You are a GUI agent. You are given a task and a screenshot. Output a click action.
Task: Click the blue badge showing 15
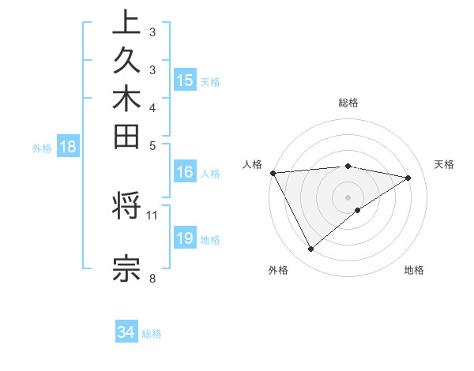click(x=185, y=80)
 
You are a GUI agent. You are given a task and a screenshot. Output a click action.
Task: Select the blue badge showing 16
click(x=185, y=172)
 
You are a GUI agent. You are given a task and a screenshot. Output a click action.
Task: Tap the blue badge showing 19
click(x=185, y=238)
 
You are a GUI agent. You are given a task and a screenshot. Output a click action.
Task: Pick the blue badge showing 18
click(x=69, y=146)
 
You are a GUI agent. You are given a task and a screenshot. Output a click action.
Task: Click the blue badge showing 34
click(x=126, y=332)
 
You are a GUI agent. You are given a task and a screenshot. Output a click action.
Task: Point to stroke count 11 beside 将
click(x=152, y=214)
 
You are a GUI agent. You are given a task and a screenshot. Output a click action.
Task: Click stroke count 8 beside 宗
click(x=152, y=277)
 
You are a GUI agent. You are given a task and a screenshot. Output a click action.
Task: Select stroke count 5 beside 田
click(x=152, y=145)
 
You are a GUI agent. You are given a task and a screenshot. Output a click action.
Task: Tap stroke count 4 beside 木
click(x=152, y=107)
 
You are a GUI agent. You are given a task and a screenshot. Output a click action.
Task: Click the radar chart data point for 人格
click(x=273, y=172)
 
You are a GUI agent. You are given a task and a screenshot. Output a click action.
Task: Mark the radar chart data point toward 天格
click(x=408, y=178)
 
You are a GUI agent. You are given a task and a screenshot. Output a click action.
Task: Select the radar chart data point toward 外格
click(x=310, y=249)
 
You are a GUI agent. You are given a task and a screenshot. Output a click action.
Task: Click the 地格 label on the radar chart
click(x=414, y=271)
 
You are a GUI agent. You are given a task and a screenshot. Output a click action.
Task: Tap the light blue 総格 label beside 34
click(x=152, y=334)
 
